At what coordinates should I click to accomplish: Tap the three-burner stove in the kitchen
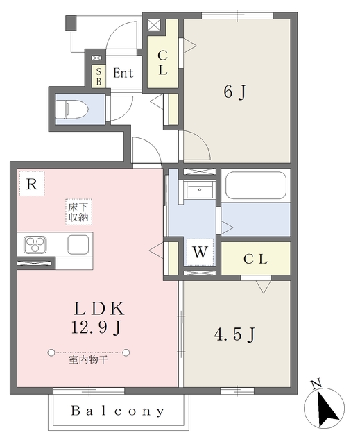(35, 244)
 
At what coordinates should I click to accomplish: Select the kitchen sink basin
(78, 244)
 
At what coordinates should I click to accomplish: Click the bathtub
(255, 185)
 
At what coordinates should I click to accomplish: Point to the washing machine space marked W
(200, 252)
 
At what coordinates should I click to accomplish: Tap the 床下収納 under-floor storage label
(78, 212)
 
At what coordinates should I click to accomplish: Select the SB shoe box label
(98, 76)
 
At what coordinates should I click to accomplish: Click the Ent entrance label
(123, 73)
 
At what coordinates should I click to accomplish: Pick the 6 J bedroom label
(235, 92)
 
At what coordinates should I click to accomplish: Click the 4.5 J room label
(234, 334)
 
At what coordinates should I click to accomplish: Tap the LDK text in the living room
(98, 309)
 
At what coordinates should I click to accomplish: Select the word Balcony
(118, 411)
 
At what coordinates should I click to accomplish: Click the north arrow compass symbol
(325, 408)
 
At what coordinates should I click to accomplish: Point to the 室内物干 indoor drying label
(88, 360)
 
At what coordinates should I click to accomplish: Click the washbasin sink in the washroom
(200, 190)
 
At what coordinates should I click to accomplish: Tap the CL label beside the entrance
(162, 63)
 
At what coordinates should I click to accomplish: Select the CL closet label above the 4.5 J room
(255, 259)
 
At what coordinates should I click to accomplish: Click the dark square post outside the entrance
(71, 23)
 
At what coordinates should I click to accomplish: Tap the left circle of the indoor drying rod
(51, 352)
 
